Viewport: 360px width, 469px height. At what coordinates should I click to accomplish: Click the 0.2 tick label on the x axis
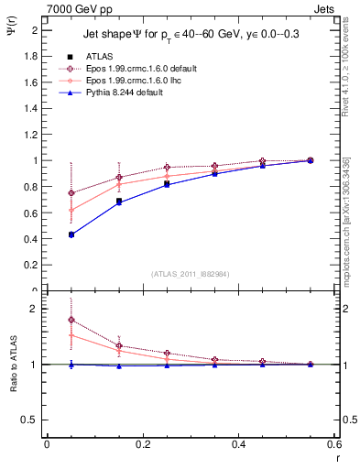tap(143, 444)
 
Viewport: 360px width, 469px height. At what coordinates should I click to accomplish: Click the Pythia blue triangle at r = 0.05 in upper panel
tap(71, 234)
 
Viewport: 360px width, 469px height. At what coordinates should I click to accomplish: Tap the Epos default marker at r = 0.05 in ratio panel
tap(71, 320)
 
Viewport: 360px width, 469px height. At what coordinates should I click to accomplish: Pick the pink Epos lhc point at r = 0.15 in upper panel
tap(119, 184)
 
